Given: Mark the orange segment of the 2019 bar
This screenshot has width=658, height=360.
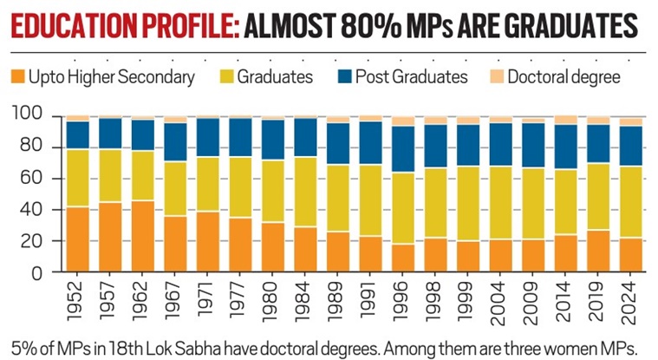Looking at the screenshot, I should coord(598,251).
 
